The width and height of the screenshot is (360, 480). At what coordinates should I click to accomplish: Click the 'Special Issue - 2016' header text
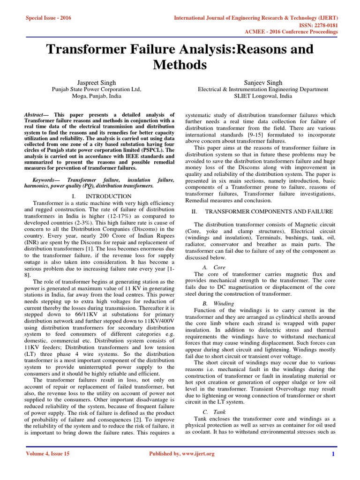tap(46, 17)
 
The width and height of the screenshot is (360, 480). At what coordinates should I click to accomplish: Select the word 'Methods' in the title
tap(180, 64)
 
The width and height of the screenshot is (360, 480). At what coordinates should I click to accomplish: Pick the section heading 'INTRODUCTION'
tap(109, 196)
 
